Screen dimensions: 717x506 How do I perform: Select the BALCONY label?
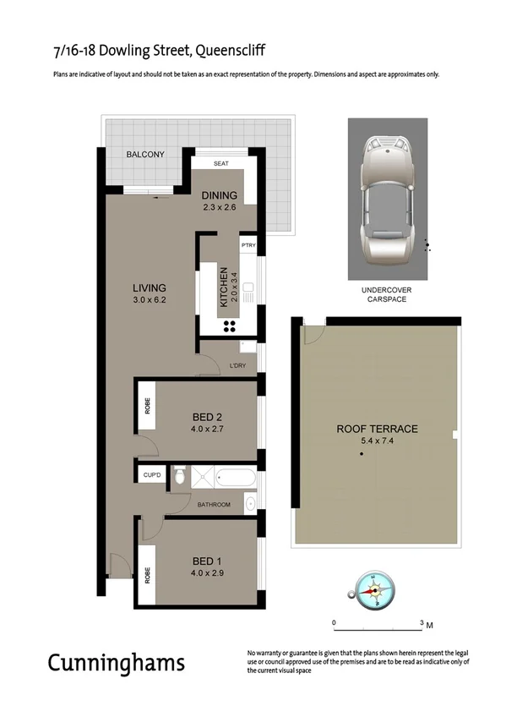click(x=145, y=155)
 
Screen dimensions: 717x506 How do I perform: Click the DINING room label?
click(x=220, y=196)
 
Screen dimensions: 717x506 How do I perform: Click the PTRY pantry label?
click(x=248, y=245)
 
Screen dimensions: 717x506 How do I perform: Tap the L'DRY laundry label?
click(x=237, y=366)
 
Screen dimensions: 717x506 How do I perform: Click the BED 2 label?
click(x=208, y=416)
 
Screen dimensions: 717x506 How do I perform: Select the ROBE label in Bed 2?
click(x=147, y=406)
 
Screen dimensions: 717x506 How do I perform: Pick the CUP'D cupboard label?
click(x=152, y=475)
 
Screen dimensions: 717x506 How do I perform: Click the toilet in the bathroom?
click(x=178, y=478)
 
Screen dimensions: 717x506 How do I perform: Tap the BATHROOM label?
click(x=214, y=505)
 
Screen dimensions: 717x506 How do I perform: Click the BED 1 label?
click(x=208, y=560)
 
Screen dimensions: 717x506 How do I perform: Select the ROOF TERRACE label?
click(x=378, y=429)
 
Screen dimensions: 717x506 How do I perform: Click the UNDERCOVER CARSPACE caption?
click(x=386, y=294)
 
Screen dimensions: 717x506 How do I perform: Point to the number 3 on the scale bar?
click(x=422, y=623)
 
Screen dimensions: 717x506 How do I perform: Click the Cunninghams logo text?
click(x=116, y=661)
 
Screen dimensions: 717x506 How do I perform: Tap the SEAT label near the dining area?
click(x=220, y=163)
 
